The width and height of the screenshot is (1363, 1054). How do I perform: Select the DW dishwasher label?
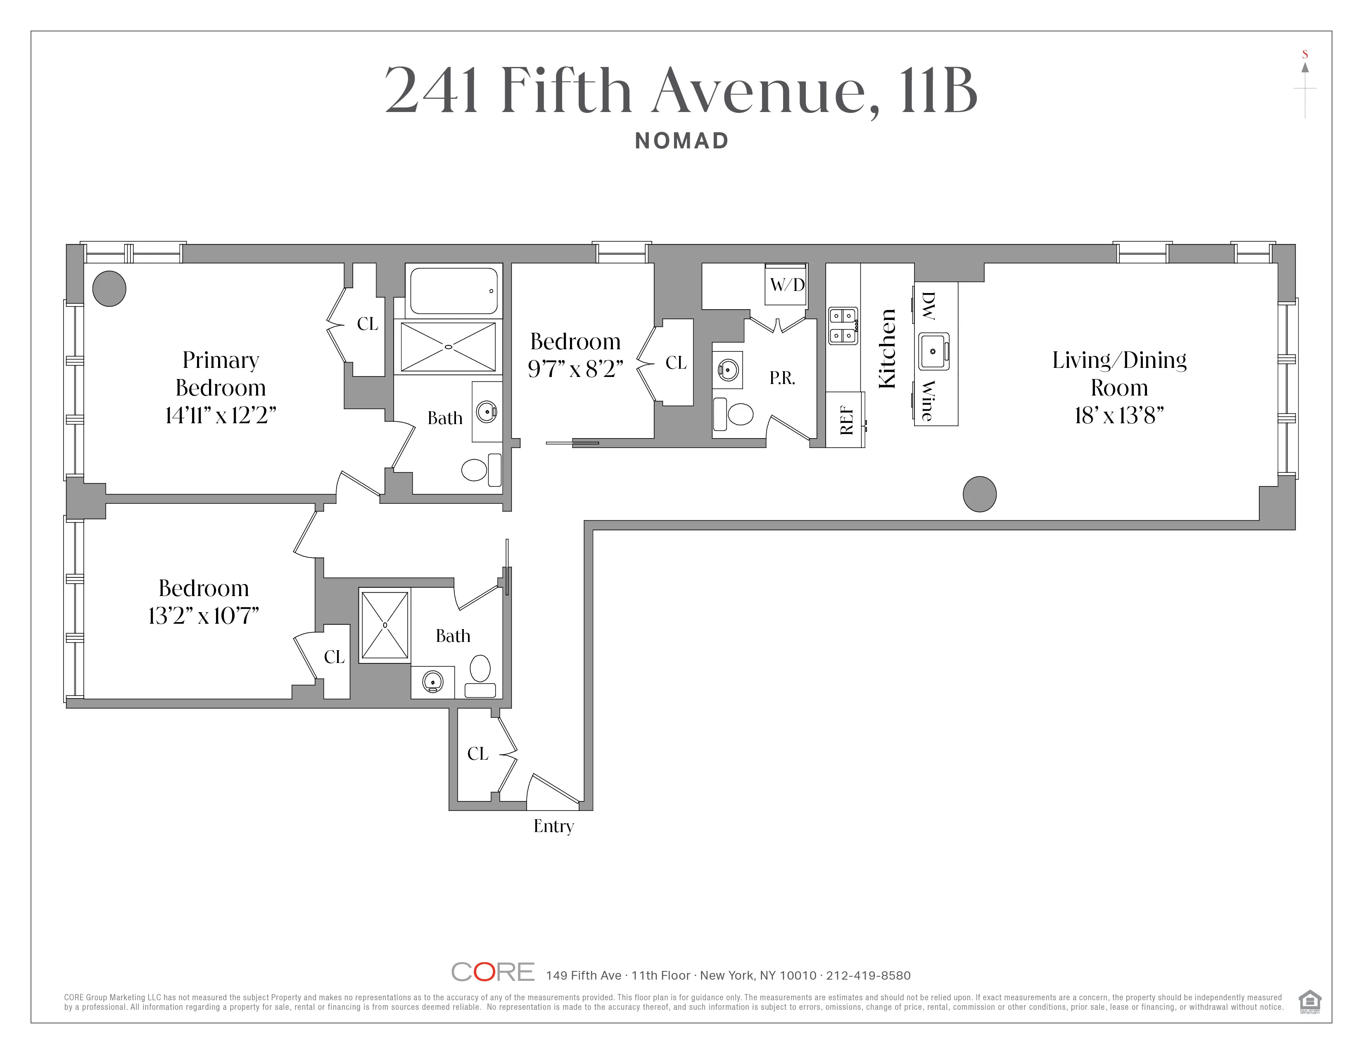pyautogui.click(x=928, y=306)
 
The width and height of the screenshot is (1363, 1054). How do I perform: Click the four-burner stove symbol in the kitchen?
pyautogui.click(x=843, y=325)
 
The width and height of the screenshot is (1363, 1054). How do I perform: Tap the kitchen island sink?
pyautogui.click(x=933, y=352)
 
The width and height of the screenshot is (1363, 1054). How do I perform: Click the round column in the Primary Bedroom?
pyautogui.click(x=109, y=289)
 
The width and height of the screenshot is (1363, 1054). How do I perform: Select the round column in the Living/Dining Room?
pyautogui.click(x=979, y=494)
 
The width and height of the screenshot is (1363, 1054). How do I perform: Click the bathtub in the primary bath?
pyautogui.click(x=454, y=291)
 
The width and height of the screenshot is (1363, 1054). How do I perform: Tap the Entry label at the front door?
pyautogui.click(x=553, y=826)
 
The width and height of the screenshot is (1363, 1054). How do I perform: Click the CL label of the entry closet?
pyautogui.click(x=477, y=754)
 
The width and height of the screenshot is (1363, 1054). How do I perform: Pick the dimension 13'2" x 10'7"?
pyautogui.click(x=204, y=616)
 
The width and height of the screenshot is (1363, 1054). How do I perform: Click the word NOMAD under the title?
pyautogui.click(x=681, y=141)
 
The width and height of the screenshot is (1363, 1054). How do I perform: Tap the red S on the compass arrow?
pyautogui.click(x=1304, y=54)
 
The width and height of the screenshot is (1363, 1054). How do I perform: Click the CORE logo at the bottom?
pyautogui.click(x=492, y=972)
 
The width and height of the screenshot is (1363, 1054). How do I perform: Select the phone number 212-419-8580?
pyautogui.click(x=868, y=975)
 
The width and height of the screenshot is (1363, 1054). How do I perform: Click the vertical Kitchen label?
pyautogui.click(x=887, y=348)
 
